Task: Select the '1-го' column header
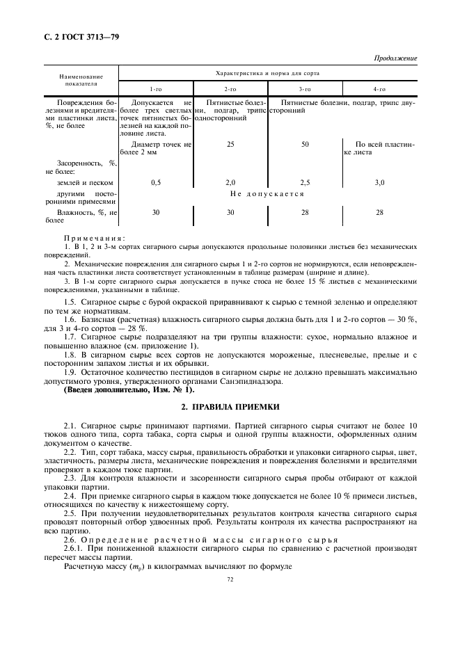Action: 156,89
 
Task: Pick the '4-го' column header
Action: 379,89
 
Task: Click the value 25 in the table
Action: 230,144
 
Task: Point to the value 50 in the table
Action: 305,144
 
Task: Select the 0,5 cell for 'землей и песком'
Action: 156,182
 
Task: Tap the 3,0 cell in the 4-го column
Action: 379,182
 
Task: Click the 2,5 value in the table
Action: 305,182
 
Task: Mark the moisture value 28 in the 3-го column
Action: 305,212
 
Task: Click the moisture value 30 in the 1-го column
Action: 156,212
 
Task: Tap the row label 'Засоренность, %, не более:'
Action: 81,166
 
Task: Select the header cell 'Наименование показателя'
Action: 81,79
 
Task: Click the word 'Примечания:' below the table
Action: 90,238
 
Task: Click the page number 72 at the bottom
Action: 230,578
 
